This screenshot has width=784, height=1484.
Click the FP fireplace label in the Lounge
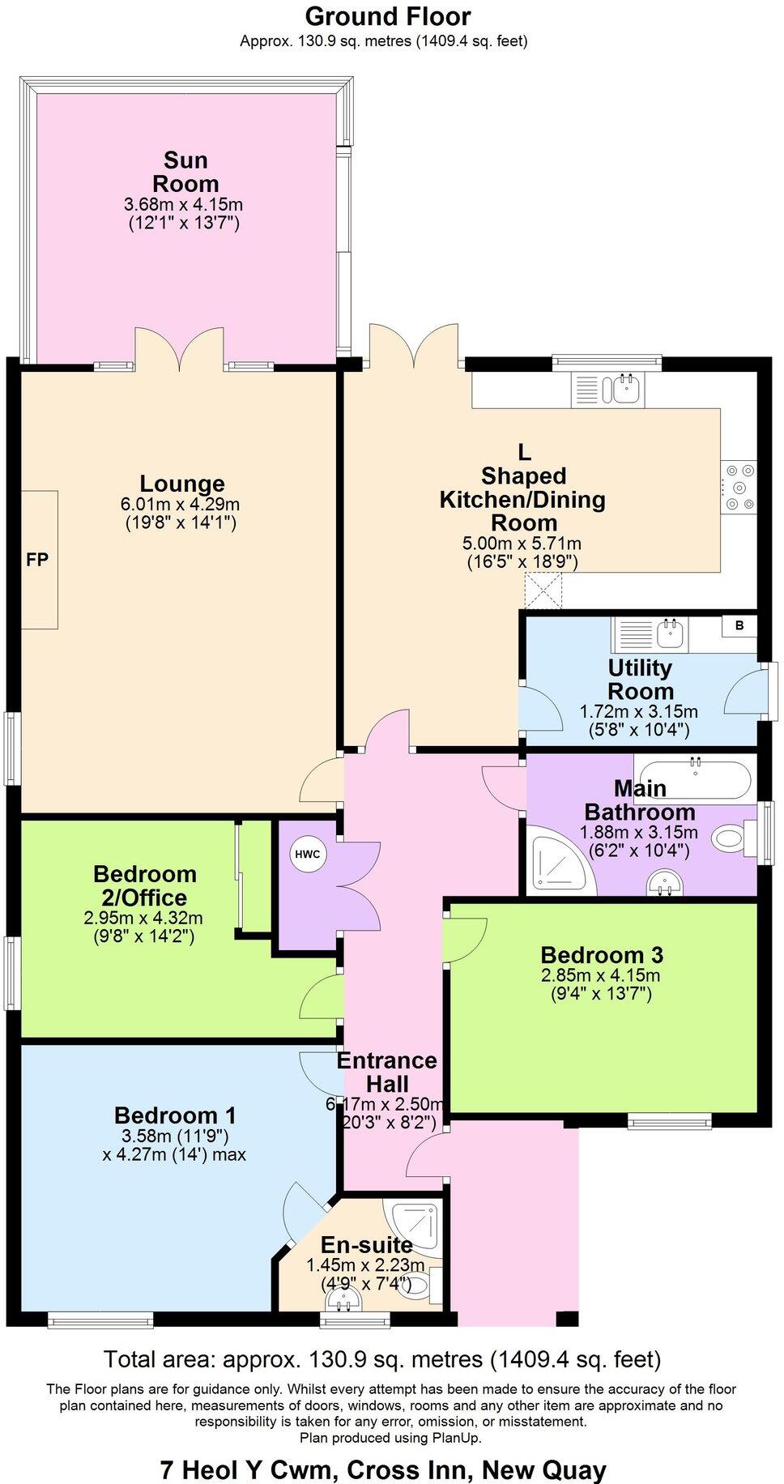coord(37,559)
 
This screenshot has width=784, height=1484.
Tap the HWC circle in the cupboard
coord(307,854)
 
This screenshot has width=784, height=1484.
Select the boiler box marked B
coord(739,626)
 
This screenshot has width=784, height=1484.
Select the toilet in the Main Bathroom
coord(734,838)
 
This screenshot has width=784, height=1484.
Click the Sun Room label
coord(185,171)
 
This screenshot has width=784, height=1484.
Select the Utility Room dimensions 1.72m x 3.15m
coord(638,711)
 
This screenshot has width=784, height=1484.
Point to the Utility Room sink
coord(669,634)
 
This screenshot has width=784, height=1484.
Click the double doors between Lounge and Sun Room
coord(180,348)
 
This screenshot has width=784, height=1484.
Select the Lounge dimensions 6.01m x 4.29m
coord(181,504)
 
